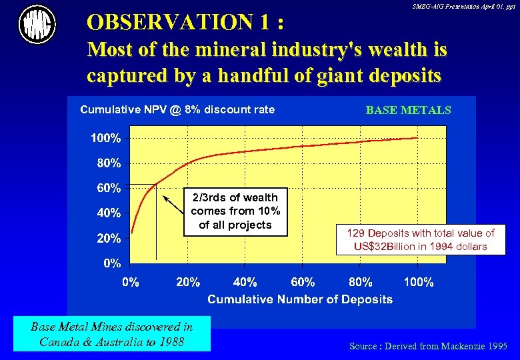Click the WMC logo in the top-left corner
pos(37,25)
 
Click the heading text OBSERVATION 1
pos(187,23)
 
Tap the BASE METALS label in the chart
pos(408,110)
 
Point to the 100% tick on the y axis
pos(106,138)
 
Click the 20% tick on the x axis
pos(188,282)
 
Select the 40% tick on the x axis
pos(245,282)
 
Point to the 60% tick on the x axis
pos(303,282)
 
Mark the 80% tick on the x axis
pos(361,282)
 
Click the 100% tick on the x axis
pos(419,282)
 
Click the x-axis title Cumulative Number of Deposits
pos(300,299)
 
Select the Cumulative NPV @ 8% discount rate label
pos(177,109)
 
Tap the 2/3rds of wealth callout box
pos(235,211)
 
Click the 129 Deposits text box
pos(421,239)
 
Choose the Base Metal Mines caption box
pos(111,334)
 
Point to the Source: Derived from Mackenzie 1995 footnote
pos(428,346)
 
